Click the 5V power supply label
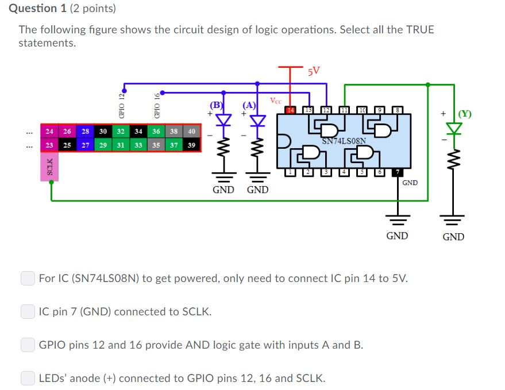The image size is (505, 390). point(314,72)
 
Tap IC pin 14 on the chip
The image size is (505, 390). point(291,109)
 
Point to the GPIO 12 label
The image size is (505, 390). point(122,106)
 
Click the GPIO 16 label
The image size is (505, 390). point(156,106)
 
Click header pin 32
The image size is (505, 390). point(121,132)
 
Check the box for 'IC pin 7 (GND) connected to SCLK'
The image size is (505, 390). point(28,312)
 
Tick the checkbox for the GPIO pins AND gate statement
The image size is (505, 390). point(28,345)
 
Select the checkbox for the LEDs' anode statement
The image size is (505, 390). point(28,379)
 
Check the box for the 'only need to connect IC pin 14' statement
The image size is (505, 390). point(28,279)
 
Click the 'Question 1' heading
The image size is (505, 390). point(42,8)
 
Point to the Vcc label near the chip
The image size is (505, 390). point(276,101)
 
